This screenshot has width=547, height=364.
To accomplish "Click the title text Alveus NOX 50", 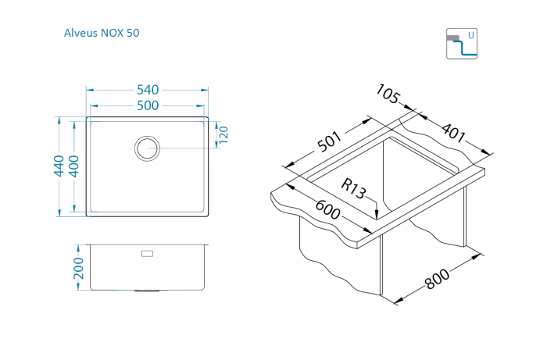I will pos(102,33).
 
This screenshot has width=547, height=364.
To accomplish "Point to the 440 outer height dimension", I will pos(58,166).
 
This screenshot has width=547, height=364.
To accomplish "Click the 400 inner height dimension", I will pos(73,166).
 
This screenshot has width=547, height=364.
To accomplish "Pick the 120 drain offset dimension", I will pos(222,134).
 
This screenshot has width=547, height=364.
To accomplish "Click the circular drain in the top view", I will pos(147,147).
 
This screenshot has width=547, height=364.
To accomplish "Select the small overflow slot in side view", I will pos(147,253).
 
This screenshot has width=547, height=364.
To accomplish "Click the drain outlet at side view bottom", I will pos(147,291).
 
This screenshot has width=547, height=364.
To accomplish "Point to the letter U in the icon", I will pos(470,35).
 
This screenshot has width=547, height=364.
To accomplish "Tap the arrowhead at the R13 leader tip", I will pos(378,216).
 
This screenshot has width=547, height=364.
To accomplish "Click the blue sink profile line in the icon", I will pos(467,51).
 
